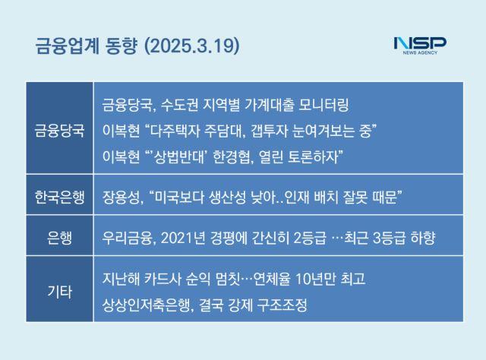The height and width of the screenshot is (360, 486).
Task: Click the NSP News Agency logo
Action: [x=420, y=46]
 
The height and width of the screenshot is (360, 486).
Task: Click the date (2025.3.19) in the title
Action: [x=192, y=46]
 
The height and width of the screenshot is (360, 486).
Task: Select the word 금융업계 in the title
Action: [x=67, y=46]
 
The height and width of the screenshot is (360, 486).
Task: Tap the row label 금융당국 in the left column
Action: [x=59, y=130]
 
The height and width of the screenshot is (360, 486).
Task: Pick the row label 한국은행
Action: [x=59, y=197]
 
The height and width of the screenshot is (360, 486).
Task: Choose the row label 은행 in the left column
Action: [x=59, y=238]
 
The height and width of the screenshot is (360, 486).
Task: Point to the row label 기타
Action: [x=59, y=292]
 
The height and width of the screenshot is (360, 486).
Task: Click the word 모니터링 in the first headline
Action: [x=324, y=105]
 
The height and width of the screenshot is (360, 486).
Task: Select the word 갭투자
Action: [x=267, y=131]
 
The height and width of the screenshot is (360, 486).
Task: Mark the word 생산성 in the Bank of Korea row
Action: [x=228, y=197]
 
